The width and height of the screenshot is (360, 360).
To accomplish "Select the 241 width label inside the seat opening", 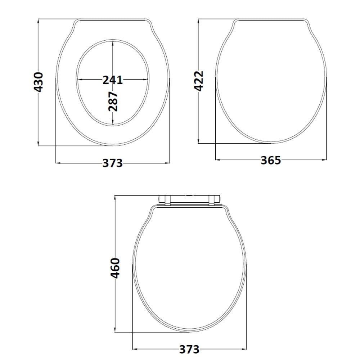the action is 112,80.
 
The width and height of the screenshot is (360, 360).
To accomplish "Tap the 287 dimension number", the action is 113,101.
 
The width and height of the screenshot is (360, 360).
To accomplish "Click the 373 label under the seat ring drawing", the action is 112,163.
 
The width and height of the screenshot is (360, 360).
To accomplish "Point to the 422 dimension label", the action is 199,81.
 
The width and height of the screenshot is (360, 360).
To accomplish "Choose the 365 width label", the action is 271,160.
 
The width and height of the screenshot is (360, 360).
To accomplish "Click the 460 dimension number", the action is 115,268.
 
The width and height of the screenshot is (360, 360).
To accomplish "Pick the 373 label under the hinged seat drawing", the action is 189,350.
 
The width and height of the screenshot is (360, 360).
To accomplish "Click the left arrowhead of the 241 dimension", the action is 80,80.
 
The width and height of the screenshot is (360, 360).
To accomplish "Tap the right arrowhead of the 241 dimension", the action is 145,80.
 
